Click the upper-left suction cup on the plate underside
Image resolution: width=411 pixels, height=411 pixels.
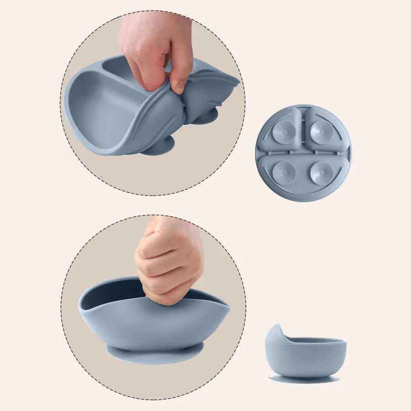(x=284, y=132)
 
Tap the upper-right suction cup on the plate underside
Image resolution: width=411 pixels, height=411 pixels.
(x=321, y=132)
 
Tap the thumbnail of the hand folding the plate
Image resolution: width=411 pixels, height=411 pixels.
(x=179, y=86)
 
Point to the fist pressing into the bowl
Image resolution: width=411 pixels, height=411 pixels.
(x=169, y=260)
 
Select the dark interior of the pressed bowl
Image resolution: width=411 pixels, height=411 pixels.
(x=114, y=292)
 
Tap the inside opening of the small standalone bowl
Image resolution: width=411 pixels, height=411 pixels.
(x=315, y=340)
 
